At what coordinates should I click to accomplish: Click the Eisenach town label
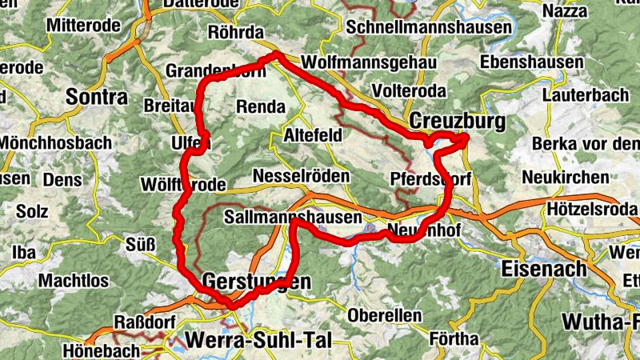[x=543, y=269]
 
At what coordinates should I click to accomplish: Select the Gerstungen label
[x=256, y=282]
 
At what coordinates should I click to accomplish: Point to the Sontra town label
[x=97, y=98]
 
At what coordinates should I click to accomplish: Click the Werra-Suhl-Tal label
[x=257, y=339]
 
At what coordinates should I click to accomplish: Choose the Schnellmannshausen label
[x=430, y=27]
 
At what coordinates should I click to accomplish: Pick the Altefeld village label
[x=313, y=137]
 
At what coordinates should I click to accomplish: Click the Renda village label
[x=261, y=106]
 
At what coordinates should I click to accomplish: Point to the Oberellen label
[x=384, y=315]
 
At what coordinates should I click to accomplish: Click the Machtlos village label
[x=74, y=282]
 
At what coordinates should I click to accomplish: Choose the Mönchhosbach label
[x=55, y=142]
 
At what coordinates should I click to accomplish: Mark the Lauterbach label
[x=585, y=95]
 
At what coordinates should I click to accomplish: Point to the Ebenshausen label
[x=533, y=62]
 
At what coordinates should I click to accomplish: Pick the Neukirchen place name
[x=565, y=177]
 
